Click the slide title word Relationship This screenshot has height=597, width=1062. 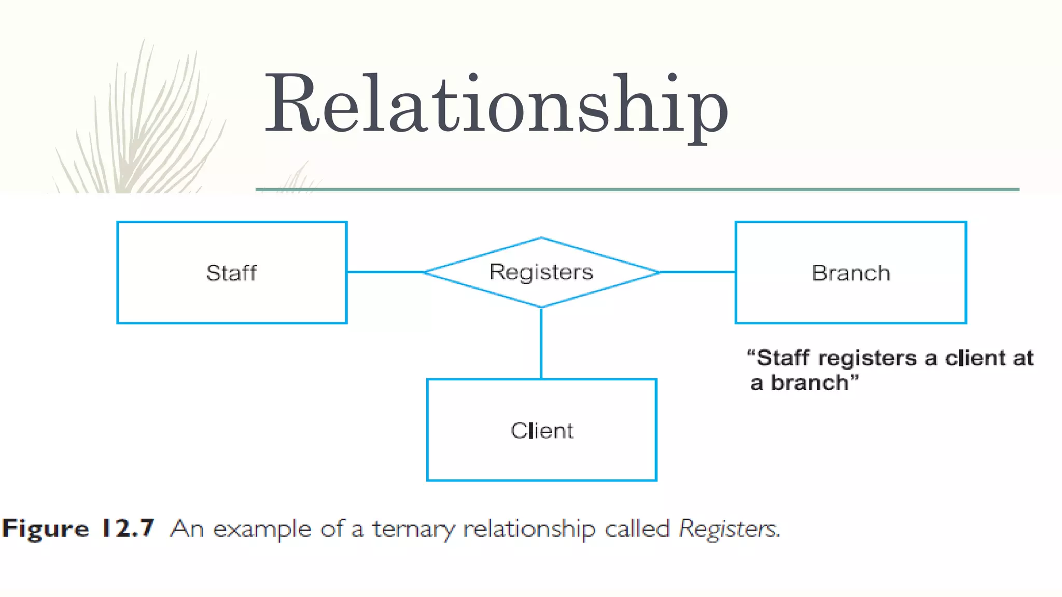click(x=496, y=104)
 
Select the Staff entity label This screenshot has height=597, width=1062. click(x=231, y=273)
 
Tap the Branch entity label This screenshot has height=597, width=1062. click(x=850, y=273)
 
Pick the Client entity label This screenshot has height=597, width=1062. click(x=542, y=431)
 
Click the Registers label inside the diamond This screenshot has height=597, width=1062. click(x=541, y=272)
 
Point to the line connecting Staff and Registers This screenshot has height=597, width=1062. click(x=386, y=272)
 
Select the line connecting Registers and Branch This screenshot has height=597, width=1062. click(x=697, y=272)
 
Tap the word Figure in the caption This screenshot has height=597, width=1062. click(x=46, y=529)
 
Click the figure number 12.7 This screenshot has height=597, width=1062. click(x=128, y=528)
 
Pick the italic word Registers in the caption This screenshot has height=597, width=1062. click(x=729, y=529)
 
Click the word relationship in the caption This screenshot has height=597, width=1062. click(x=529, y=529)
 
